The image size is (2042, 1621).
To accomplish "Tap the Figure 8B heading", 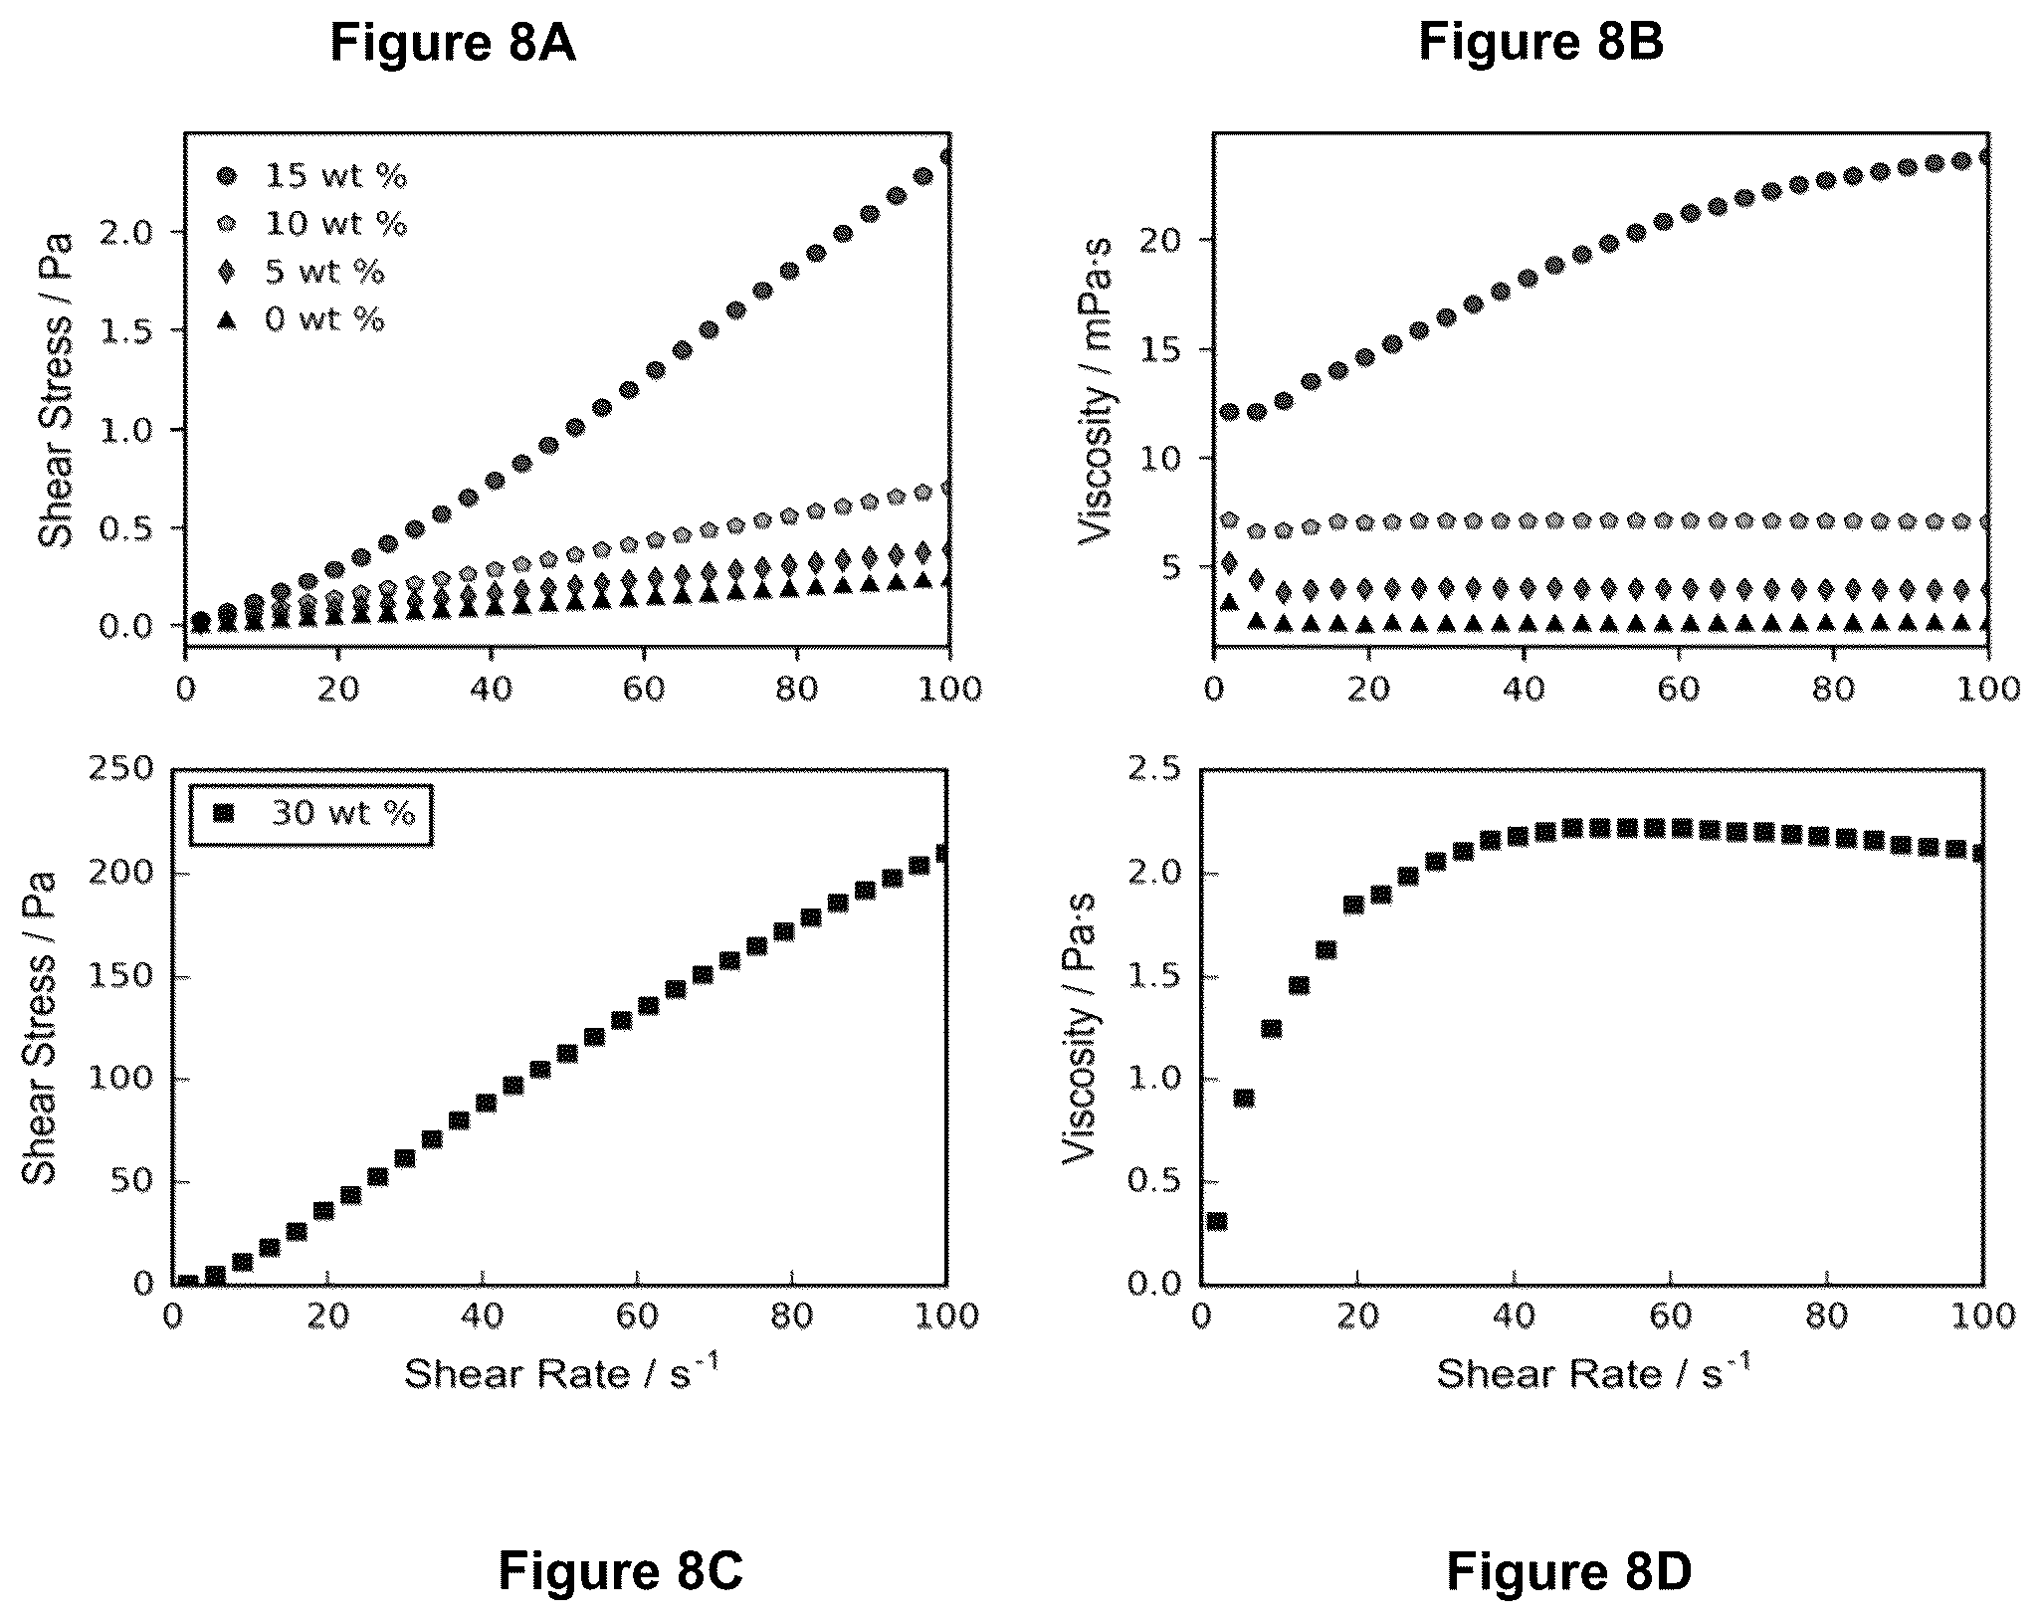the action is (1540, 43).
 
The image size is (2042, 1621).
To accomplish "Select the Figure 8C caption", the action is (620, 1572).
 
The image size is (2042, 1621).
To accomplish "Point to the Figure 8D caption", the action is (1568, 1572).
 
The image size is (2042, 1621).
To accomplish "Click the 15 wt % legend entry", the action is (311, 176).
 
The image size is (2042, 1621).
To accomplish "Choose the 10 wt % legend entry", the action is (311, 224).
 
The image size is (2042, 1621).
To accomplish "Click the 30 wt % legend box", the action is (310, 813).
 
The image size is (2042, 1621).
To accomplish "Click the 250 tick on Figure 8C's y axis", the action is (121, 769).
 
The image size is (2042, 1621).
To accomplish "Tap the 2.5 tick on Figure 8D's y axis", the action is (1151, 769).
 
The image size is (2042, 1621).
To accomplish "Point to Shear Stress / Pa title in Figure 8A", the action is (56, 389).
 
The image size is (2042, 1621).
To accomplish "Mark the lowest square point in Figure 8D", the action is (1216, 1221).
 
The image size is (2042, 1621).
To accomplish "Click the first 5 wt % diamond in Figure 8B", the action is (1229, 563).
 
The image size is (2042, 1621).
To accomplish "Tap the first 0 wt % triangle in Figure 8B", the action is (1229, 602).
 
